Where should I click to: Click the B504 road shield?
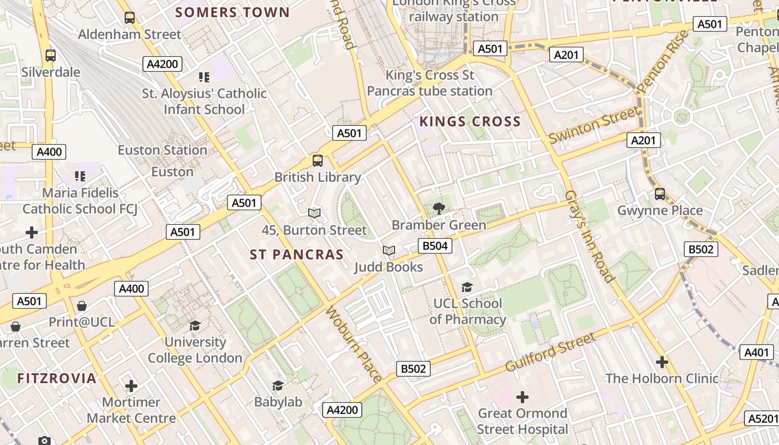click(x=435, y=246)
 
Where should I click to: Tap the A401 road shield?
click(x=756, y=352)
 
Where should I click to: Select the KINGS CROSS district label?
click(x=470, y=122)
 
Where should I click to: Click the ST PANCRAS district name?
click(x=297, y=255)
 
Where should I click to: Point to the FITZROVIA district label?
click(x=57, y=379)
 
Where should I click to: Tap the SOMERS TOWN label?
click(x=233, y=12)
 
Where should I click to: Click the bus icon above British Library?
click(x=318, y=161)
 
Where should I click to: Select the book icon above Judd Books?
click(x=389, y=251)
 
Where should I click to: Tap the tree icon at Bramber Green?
click(x=439, y=209)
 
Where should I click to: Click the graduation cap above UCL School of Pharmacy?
click(x=467, y=287)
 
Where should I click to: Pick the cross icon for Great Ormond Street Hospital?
click(x=522, y=397)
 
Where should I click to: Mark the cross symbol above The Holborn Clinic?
click(x=662, y=362)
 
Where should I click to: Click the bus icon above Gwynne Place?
click(x=659, y=194)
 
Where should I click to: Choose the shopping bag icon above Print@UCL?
click(x=82, y=306)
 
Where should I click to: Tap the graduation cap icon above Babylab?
click(x=278, y=385)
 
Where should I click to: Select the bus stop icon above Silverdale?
click(x=51, y=56)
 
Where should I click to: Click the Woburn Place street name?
click(x=354, y=344)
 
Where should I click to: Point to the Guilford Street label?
click(x=550, y=352)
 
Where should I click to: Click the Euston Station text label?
click(x=162, y=150)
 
